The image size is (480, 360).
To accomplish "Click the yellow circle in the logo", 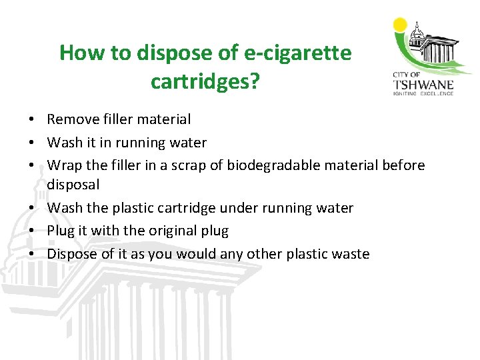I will coord(401,25).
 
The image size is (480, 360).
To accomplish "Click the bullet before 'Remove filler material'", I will coord(31,120).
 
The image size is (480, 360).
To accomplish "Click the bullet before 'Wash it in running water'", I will coord(31,143).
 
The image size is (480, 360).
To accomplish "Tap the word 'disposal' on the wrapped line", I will coord(73,184).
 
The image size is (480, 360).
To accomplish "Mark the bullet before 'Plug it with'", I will coord(31,231).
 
